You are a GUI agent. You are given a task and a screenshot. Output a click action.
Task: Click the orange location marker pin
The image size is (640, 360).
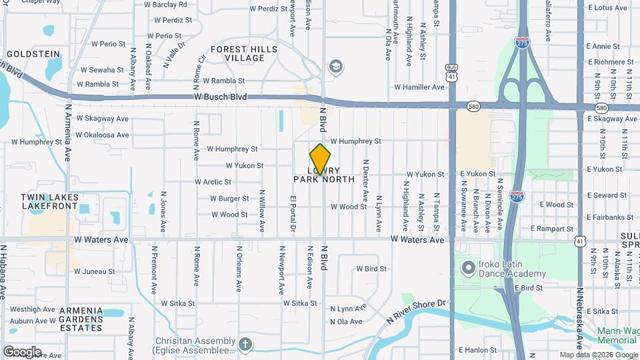click(x=320, y=159)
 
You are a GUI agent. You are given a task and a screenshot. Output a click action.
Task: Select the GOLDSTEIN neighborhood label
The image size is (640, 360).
click(x=33, y=53)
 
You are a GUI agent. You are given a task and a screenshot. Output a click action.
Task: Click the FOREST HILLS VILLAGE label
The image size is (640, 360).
click(x=238, y=53)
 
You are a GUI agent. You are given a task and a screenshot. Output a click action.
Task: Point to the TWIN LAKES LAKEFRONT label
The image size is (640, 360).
click(x=49, y=202)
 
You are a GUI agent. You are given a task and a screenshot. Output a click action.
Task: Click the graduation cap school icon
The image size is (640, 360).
click(x=335, y=66)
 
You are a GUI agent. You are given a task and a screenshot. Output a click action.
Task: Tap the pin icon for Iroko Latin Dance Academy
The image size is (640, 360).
click(x=469, y=268)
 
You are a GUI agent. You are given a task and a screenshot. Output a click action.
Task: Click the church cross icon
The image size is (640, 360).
click(x=245, y=345)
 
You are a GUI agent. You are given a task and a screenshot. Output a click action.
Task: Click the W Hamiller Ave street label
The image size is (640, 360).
click(x=419, y=87)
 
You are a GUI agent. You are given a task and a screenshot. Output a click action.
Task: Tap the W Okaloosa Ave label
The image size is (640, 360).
click(x=102, y=135)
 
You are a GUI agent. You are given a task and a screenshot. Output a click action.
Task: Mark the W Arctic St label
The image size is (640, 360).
click(x=213, y=182)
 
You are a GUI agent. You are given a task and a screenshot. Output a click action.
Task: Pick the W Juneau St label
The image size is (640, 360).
click(x=94, y=271)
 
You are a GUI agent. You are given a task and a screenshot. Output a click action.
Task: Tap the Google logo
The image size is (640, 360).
click(x=21, y=352)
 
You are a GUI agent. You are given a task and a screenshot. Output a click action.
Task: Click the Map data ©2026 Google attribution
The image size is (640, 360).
click(x=599, y=355)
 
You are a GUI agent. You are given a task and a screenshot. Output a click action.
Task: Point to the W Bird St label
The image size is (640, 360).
click(x=371, y=269)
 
